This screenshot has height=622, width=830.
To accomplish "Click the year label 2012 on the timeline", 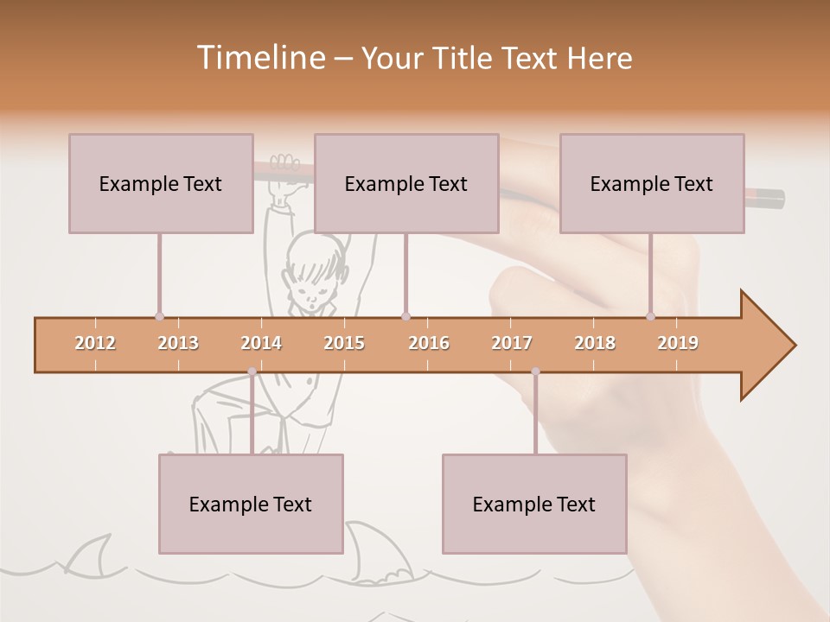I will [95, 343].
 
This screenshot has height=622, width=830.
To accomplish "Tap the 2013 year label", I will [178, 343].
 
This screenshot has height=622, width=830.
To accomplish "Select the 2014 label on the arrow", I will [261, 343].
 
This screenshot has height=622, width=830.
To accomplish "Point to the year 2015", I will [344, 343].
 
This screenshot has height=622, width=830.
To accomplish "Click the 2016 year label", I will [429, 343].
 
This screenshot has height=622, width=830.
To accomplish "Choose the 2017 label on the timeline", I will [512, 343].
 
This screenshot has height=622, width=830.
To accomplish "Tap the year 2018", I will [595, 343].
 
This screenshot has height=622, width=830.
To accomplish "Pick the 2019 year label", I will [678, 343].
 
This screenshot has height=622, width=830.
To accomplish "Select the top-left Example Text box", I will [161, 183].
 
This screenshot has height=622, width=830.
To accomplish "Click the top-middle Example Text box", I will [406, 183].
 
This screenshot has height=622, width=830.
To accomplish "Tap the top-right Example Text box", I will [652, 183].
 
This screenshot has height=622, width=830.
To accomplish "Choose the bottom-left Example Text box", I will [251, 504].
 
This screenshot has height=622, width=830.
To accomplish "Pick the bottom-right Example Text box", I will [534, 504].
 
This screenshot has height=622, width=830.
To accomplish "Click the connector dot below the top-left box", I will [159, 316].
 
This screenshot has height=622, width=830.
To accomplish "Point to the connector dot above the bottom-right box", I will [535, 371].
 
